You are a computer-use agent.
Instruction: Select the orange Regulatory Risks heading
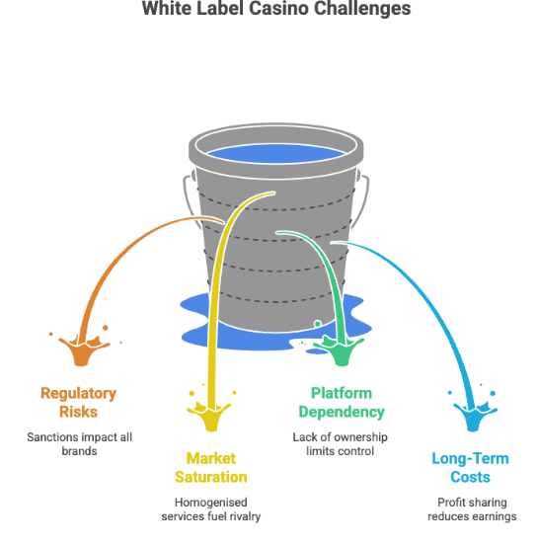(78, 402)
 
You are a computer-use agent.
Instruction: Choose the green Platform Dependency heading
(341, 402)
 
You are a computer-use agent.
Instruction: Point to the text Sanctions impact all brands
(78, 443)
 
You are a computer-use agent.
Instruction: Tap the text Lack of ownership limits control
(341, 443)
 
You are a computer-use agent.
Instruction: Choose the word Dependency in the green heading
(341, 412)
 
